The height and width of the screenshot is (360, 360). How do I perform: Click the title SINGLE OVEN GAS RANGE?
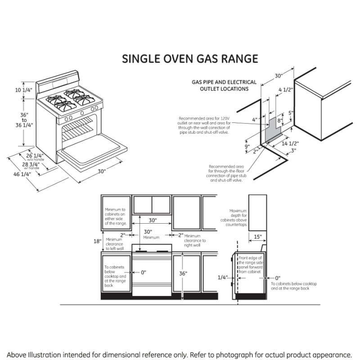click(190, 59)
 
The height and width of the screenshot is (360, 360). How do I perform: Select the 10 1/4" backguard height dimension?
click(23, 90)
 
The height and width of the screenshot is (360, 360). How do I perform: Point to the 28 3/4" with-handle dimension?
click(35, 165)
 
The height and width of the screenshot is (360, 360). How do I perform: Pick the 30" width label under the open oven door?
click(102, 171)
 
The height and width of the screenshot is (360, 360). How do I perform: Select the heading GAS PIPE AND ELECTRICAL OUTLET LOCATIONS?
click(224, 85)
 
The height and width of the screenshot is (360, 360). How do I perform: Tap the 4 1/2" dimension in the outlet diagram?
click(285, 90)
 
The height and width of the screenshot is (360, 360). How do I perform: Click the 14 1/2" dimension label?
click(291, 144)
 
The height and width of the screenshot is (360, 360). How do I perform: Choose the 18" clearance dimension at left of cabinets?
click(97, 241)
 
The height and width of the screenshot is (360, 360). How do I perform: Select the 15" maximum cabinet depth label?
click(257, 237)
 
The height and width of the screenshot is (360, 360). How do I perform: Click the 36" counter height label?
click(183, 273)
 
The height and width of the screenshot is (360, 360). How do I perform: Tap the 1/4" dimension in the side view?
click(222, 278)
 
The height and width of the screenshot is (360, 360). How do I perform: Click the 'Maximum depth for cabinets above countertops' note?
click(238, 218)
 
